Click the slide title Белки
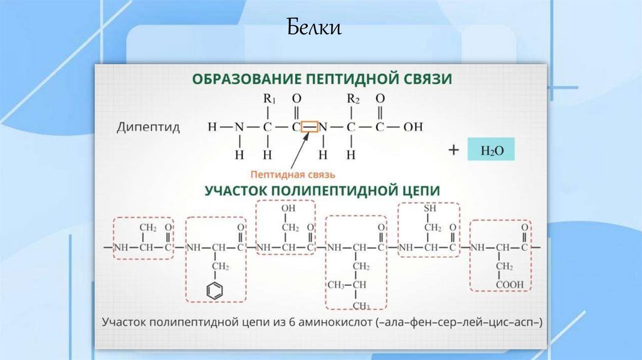point(315,28)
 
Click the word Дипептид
point(149,127)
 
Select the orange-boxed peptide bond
point(310,127)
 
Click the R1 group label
point(270,99)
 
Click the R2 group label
point(353,99)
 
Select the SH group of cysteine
point(429,209)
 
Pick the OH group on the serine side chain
point(288,208)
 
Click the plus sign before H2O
point(454,150)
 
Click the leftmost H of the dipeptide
point(212,127)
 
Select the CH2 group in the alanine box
point(148,227)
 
